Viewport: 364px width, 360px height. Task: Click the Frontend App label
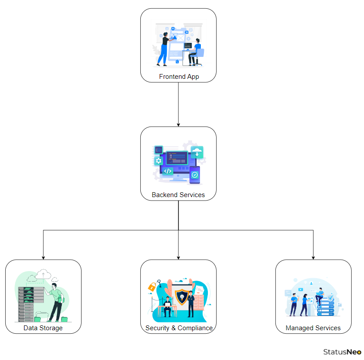pyautogui.click(x=178, y=77)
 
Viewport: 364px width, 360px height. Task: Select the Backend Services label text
pyautogui.click(x=178, y=195)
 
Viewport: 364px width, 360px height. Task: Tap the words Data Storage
pyautogui.click(x=43, y=328)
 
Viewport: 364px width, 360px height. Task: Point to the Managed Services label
pyautogui.click(x=313, y=328)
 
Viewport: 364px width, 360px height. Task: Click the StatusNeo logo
pyautogui.click(x=342, y=352)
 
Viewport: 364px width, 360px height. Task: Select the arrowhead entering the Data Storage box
pyautogui.click(x=43, y=257)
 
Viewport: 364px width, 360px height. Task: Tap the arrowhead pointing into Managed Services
pyautogui.click(x=313, y=257)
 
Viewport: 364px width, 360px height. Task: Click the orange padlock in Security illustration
pyautogui.click(x=152, y=287)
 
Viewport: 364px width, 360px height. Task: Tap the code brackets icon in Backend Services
pyautogui.click(x=168, y=171)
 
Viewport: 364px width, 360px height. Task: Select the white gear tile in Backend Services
pyautogui.click(x=159, y=161)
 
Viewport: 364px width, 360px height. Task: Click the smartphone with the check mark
pyautogui.click(x=194, y=174)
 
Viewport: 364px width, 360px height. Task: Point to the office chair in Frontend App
pyautogui.click(x=199, y=56)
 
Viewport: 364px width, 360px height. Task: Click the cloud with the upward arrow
pyautogui.click(x=43, y=274)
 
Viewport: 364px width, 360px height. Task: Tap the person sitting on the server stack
pyautogui.click(x=319, y=295)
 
